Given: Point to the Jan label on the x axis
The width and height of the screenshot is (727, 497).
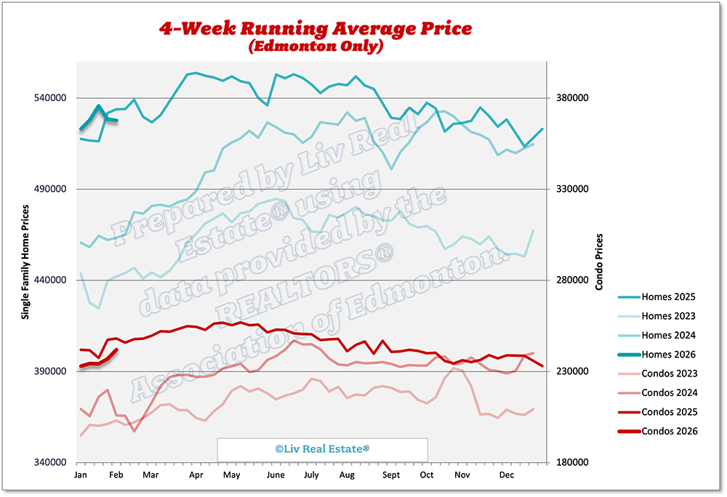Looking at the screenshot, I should (81, 475).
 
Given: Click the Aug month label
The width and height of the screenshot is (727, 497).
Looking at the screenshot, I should (347, 475).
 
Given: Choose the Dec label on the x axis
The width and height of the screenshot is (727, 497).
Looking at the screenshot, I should (507, 475).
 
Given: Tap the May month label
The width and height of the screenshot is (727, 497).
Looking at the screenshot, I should (231, 475).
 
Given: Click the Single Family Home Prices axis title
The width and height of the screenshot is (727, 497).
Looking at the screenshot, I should (25, 262).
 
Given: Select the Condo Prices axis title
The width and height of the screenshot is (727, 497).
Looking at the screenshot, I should (600, 262).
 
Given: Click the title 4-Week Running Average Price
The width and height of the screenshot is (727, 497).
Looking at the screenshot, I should (316, 29).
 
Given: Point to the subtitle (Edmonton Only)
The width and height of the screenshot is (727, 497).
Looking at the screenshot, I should (316, 47).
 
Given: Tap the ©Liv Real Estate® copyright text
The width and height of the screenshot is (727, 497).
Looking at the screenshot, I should (322, 449).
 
